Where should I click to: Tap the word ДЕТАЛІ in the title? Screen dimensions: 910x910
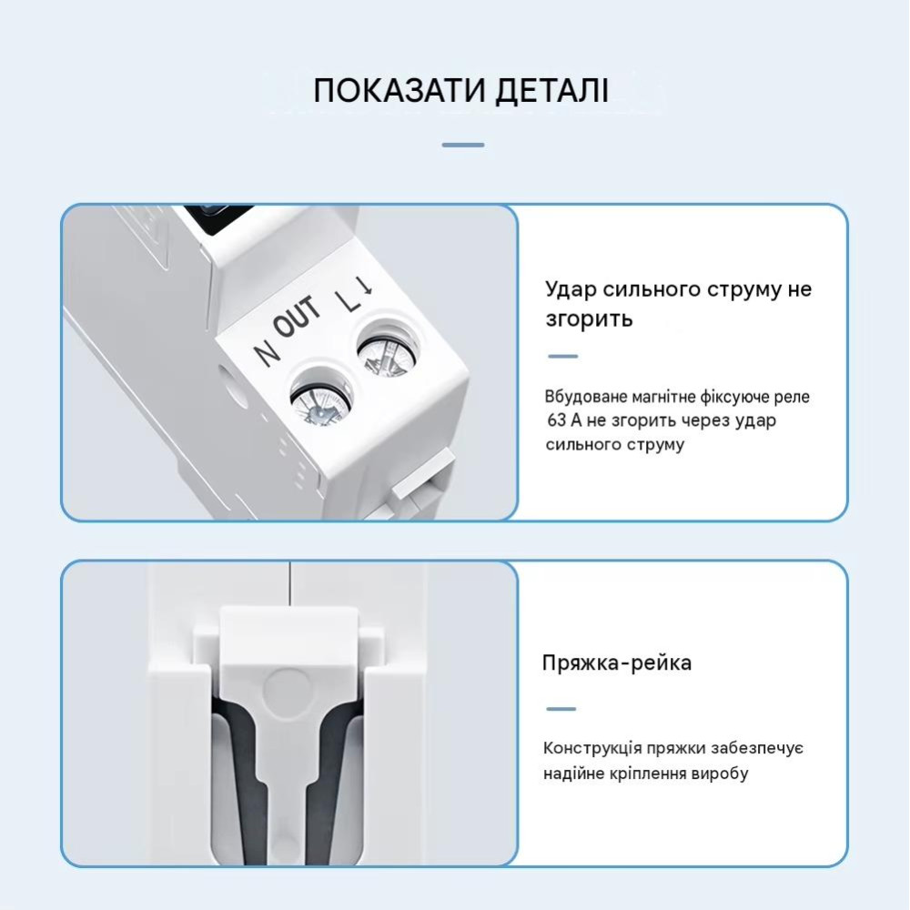[x=552, y=91]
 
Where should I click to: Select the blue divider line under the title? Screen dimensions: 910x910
[x=463, y=145]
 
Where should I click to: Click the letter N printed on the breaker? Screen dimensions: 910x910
[x=267, y=351]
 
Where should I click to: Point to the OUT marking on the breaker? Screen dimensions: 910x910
[x=297, y=317]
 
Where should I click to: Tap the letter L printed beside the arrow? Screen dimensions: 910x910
[x=349, y=300]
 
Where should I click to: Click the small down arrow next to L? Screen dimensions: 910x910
[x=365, y=285]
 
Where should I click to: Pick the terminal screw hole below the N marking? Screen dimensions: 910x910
[x=321, y=399]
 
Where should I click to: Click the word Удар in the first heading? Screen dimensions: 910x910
[x=571, y=289]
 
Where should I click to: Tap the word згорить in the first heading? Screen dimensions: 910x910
[x=589, y=318]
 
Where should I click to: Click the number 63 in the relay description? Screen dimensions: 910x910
[x=557, y=420]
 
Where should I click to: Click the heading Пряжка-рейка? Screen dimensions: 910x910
[x=617, y=662]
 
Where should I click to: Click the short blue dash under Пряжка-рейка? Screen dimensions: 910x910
[x=561, y=709]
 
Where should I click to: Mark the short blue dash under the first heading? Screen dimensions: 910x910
[x=563, y=357]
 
